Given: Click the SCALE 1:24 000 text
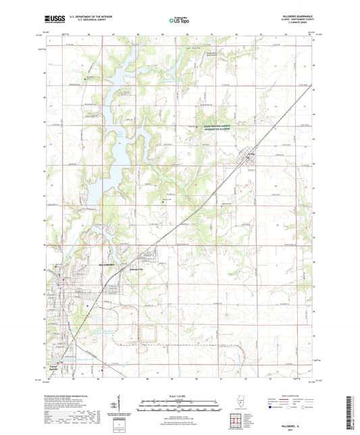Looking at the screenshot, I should tap(179, 396).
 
